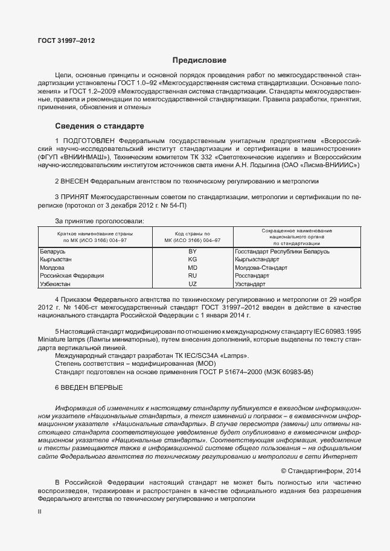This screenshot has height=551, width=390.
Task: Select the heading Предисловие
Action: [199, 60]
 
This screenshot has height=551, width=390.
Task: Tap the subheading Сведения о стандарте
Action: [100, 126]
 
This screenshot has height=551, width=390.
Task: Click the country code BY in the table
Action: [193, 251]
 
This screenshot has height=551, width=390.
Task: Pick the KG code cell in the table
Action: [193, 259]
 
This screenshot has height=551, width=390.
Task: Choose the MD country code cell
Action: [193, 267]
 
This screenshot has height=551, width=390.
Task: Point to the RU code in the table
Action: [193, 275]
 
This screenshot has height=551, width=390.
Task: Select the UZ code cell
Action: [193, 284]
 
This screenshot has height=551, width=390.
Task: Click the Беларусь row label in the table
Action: [52, 251]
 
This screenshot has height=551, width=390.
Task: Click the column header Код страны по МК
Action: [193, 236]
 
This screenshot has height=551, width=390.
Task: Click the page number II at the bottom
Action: [40, 511]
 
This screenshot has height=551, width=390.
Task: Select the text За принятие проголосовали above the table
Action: [100, 221]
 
